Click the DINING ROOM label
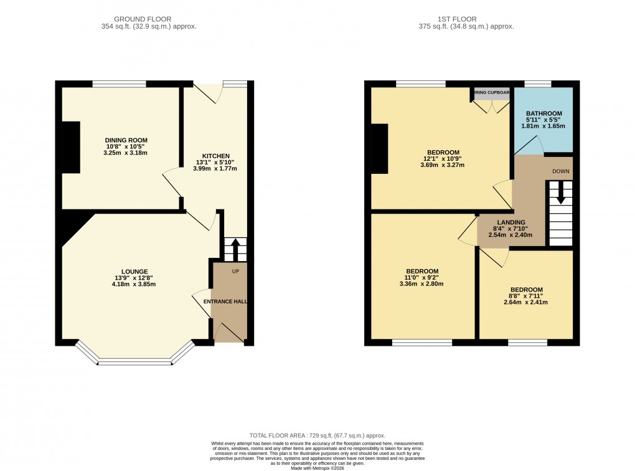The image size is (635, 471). [126, 140]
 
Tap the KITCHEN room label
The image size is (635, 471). [216, 156]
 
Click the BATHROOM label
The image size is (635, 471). [543, 113]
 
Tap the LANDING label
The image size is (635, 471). [511, 222]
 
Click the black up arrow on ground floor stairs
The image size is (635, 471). [235, 250]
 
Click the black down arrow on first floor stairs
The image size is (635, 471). [561, 193]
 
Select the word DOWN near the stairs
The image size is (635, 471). [561, 171]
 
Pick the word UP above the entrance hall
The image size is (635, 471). [235, 272]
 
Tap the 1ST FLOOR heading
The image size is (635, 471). [467, 19]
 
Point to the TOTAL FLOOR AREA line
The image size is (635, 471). [317, 435]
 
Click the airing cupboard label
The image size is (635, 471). [492, 93]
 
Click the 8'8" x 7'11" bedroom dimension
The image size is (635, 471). [526, 297]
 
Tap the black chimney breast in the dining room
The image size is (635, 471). [71, 147]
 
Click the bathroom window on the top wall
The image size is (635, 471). [538, 83]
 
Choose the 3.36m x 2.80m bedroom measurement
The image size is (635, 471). [421, 283]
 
